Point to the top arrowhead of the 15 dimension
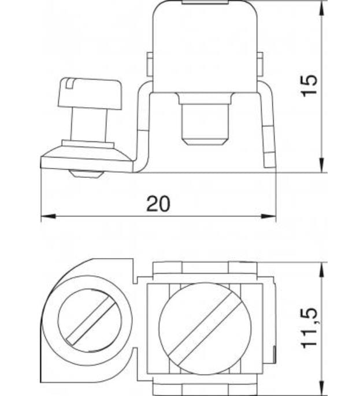click(x=321, y=7)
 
